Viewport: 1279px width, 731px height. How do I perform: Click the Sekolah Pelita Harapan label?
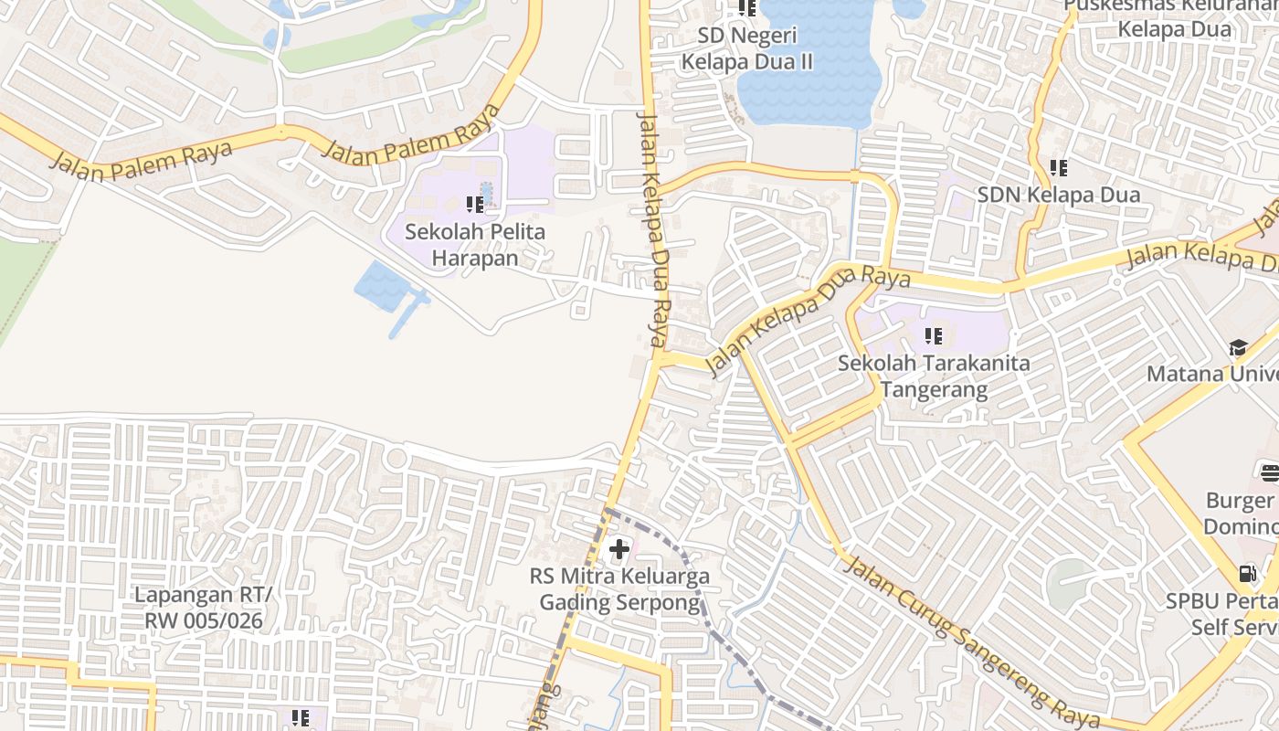pyautogui.click(x=475, y=245)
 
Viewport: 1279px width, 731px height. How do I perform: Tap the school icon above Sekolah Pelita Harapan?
pyautogui.click(x=475, y=204)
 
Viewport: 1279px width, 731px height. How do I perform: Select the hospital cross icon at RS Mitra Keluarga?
pyautogui.click(x=619, y=549)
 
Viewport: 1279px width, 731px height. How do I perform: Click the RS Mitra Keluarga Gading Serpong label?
pyautogui.click(x=619, y=589)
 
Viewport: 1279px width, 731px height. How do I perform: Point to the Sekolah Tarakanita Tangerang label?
pyautogui.click(x=934, y=376)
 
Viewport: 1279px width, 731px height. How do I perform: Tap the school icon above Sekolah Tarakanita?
pyautogui.click(x=933, y=335)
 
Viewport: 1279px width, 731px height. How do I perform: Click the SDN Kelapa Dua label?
pyautogui.click(x=1058, y=195)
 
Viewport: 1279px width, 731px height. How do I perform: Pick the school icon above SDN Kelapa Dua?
pyautogui.click(x=1058, y=167)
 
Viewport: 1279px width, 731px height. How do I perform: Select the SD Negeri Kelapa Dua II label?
pyautogui.click(x=747, y=49)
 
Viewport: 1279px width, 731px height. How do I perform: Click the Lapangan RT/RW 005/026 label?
pyautogui.click(x=203, y=608)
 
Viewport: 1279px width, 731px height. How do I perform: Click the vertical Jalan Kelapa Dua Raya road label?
pyautogui.click(x=654, y=228)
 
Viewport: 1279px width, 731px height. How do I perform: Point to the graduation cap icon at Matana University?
pyautogui.click(x=1238, y=347)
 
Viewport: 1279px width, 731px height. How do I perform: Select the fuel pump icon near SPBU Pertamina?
pyautogui.click(x=1247, y=574)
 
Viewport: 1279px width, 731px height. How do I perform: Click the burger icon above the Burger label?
pyautogui.click(x=1270, y=472)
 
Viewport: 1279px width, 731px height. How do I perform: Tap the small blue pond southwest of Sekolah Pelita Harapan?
pyautogui.click(x=382, y=286)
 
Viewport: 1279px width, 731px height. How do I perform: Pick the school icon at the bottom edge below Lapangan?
pyautogui.click(x=301, y=719)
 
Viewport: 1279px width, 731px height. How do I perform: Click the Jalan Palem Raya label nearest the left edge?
pyautogui.click(x=142, y=161)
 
